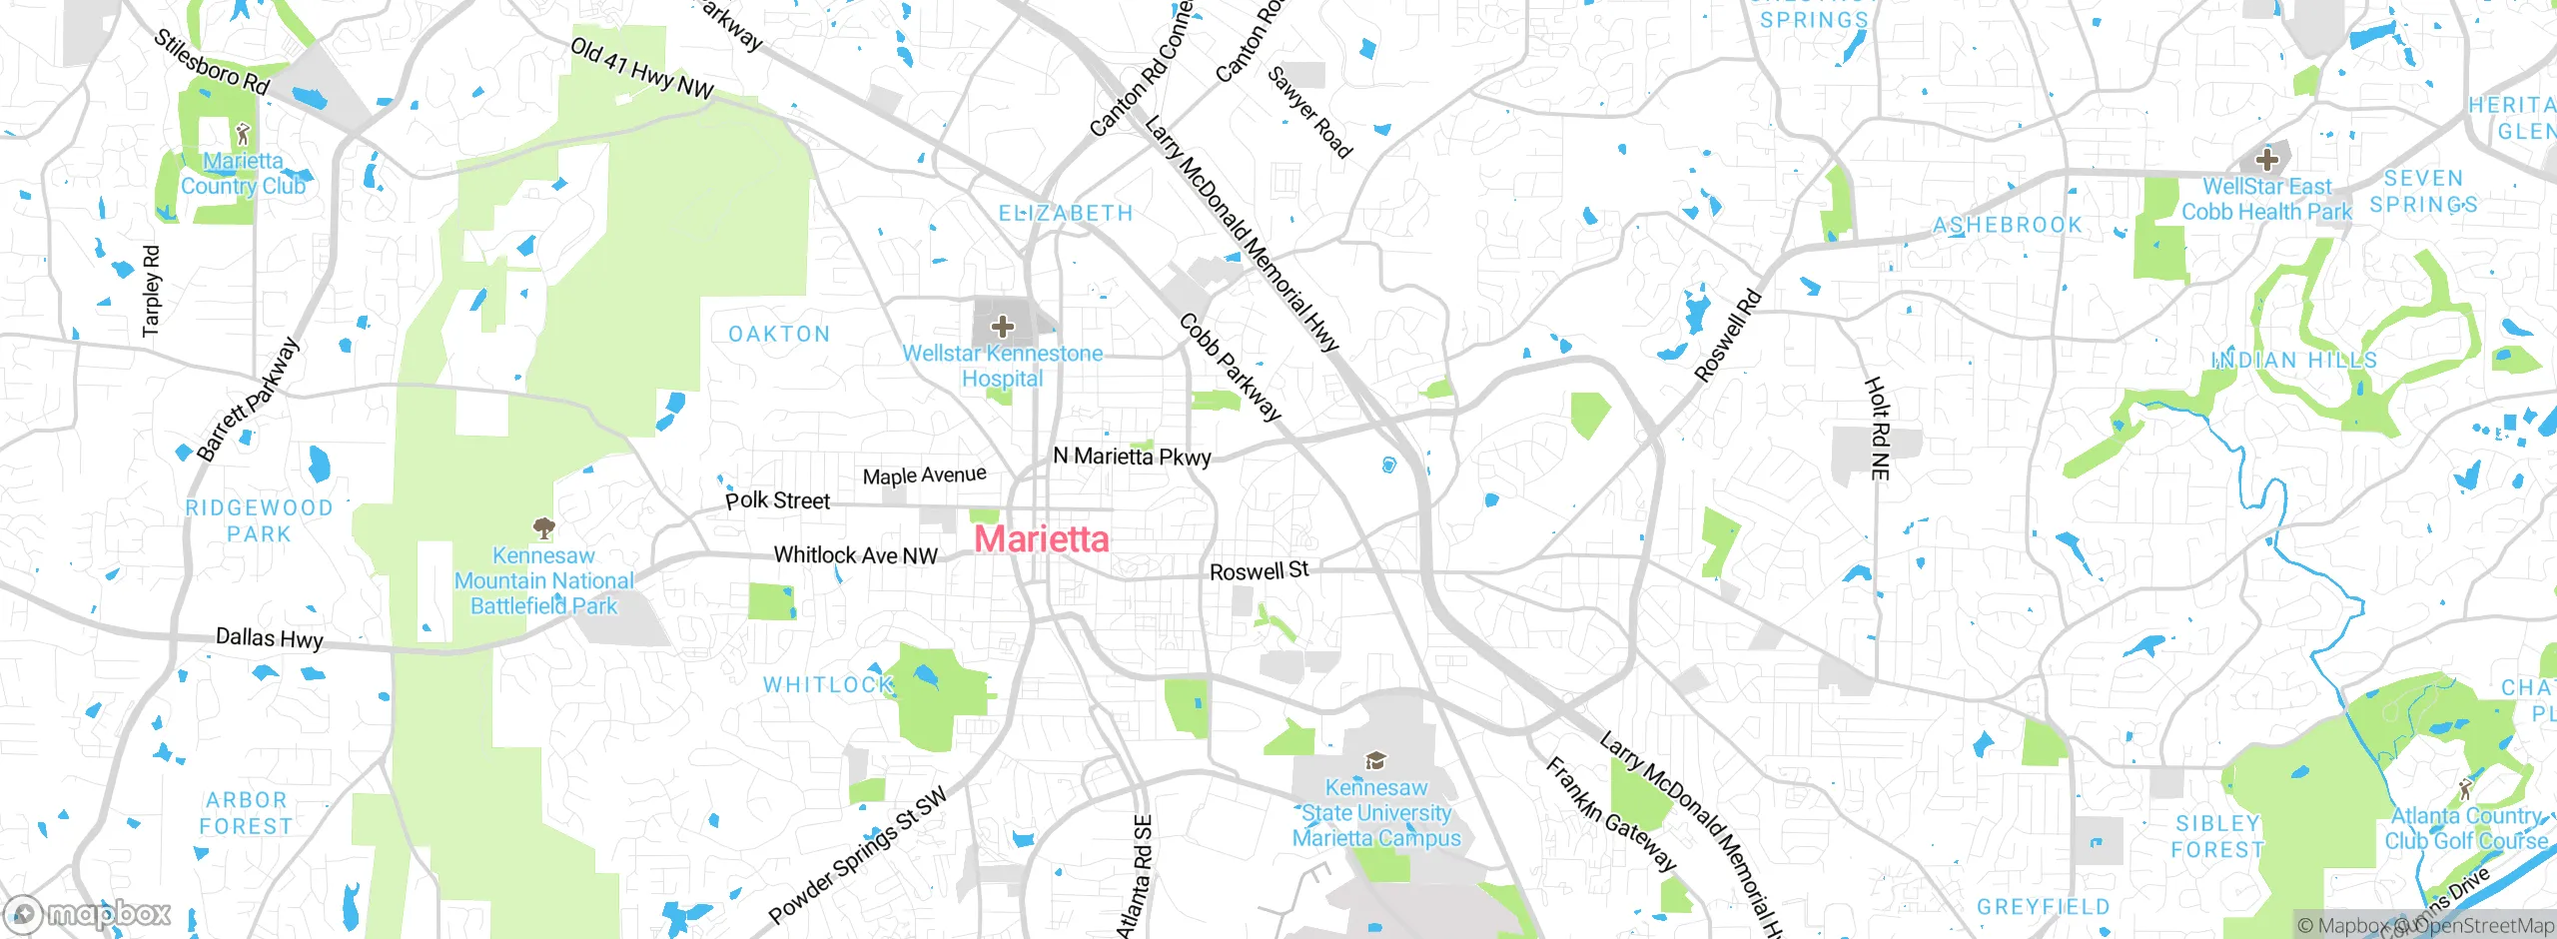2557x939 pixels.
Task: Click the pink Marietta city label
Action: [x=1041, y=539]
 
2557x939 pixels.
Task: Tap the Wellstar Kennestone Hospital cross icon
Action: [x=1002, y=326]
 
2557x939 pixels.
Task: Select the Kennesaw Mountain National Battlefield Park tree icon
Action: [x=543, y=527]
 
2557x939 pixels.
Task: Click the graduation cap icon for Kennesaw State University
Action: [x=1375, y=762]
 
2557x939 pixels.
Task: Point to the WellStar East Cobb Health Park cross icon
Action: [x=2266, y=159]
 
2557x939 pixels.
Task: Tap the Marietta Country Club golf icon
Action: [x=243, y=133]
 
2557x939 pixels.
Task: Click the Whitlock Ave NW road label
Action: [x=855, y=555]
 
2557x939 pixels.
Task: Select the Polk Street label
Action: [x=777, y=500]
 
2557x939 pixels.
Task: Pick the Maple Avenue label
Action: [x=924, y=475]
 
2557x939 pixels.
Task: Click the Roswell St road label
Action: [x=1259, y=571]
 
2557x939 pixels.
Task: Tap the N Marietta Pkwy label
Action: [x=1132, y=457]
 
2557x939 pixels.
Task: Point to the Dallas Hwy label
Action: [x=270, y=637]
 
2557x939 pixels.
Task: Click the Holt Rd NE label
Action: [x=1879, y=428]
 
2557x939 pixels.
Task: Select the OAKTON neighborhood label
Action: [x=779, y=334]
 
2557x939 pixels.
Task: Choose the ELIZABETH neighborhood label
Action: [x=1066, y=213]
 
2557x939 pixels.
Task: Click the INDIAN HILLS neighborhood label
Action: [x=2293, y=360]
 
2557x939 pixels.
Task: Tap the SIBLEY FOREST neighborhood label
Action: [x=2217, y=836]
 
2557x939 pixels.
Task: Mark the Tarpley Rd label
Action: [x=151, y=291]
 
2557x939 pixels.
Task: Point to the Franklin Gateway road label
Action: [x=1610, y=814]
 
